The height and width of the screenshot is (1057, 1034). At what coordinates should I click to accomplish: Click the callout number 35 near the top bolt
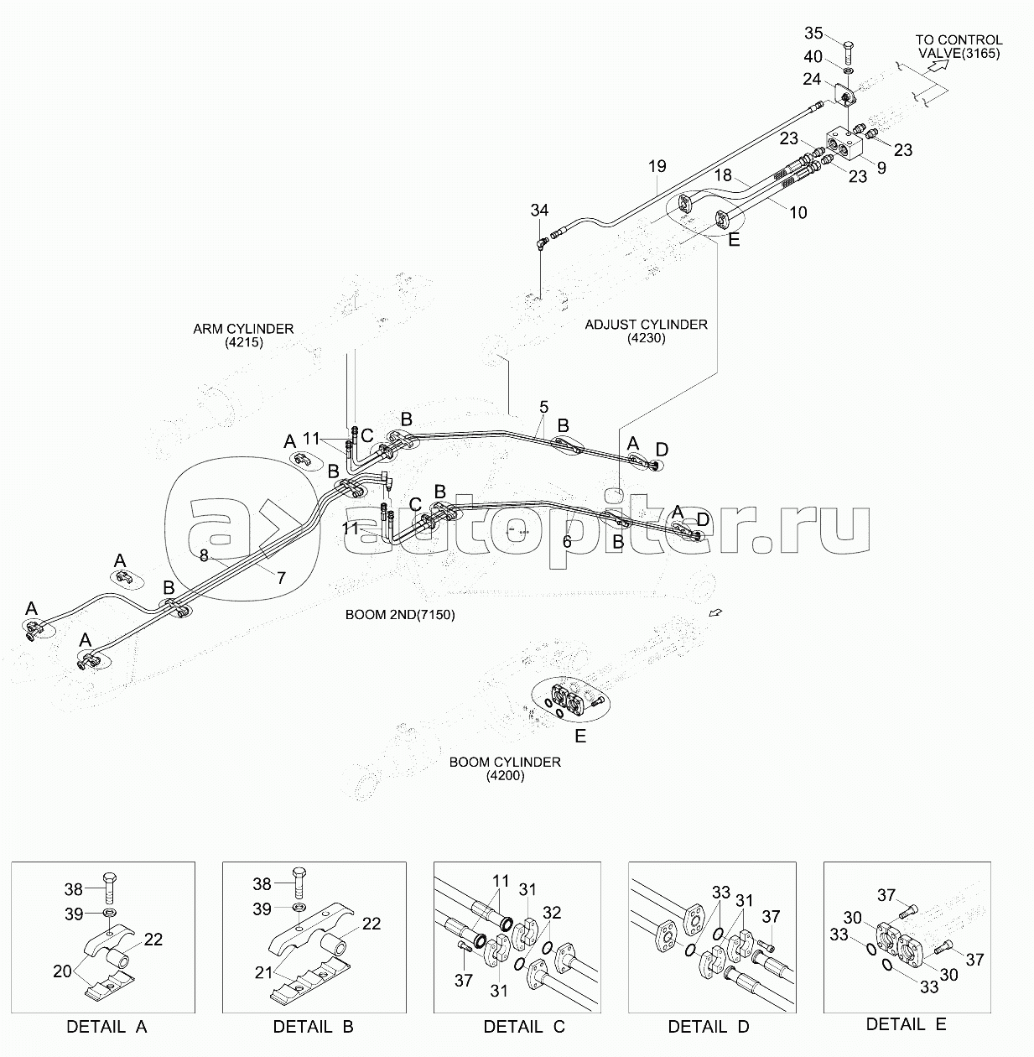click(x=813, y=33)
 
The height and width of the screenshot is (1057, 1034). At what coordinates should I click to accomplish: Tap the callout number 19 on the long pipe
click(x=657, y=165)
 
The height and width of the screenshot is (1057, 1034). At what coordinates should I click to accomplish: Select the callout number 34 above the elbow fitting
click(x=539, y=210)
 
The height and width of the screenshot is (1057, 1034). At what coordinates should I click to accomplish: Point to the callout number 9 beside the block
click(x=881, y=168)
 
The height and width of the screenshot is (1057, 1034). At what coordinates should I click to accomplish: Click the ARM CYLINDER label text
click(x=243, y=329)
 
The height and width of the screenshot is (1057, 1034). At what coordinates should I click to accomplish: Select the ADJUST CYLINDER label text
click(x=647, y=325)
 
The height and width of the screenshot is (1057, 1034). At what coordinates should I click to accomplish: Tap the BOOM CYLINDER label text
click(x=505, y=762)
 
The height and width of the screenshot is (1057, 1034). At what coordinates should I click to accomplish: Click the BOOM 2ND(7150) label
click(x=400, y=614)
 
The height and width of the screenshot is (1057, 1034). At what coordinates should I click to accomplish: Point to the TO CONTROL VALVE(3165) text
click(x=959, y=47)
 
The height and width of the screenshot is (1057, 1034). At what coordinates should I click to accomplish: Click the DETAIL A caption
click(x=107, y=1027)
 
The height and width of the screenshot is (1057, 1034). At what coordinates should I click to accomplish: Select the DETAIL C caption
click(x=524, y=1027)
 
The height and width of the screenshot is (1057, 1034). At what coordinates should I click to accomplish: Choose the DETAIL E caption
click(x=906, y=1024)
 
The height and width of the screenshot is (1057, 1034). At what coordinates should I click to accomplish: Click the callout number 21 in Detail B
click(x=263, y=972)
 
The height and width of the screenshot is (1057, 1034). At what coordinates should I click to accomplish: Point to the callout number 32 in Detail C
click(x=552, y=913)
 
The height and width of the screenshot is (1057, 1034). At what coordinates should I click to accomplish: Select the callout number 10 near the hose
click(x=798, y=212)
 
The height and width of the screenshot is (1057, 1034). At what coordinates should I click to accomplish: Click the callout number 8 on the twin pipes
click(x=204, y=555)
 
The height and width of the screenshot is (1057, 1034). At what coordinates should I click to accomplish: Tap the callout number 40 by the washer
click(x=813, y=56)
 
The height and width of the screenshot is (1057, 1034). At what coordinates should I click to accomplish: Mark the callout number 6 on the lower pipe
click(x=567, y=541)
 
